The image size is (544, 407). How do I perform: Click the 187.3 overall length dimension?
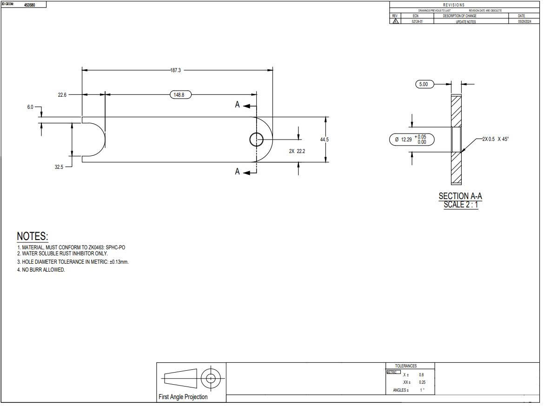(176, 70)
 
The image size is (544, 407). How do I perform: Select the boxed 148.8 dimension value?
(179, 95)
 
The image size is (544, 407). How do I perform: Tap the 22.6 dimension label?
(62, 95)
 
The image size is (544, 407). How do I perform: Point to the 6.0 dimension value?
(30, 107)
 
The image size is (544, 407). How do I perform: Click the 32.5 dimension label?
(59, 167)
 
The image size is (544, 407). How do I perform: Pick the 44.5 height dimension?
(324, 140)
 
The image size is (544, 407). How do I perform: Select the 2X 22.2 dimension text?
(297, 151)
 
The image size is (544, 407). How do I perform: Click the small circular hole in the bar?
(256, 139)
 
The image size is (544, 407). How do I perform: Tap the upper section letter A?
(237, 105)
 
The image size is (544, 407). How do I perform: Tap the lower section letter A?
(237, 172)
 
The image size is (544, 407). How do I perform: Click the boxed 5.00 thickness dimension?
(424, 84)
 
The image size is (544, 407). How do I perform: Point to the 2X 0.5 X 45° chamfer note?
(495, 139)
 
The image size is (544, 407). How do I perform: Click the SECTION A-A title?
(460, 196)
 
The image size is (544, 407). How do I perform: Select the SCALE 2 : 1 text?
(460, 205)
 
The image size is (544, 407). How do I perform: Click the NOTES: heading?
(33, 236)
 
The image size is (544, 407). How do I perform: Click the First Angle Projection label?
(183, 397)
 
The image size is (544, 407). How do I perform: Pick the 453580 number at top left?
(29, 5)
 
